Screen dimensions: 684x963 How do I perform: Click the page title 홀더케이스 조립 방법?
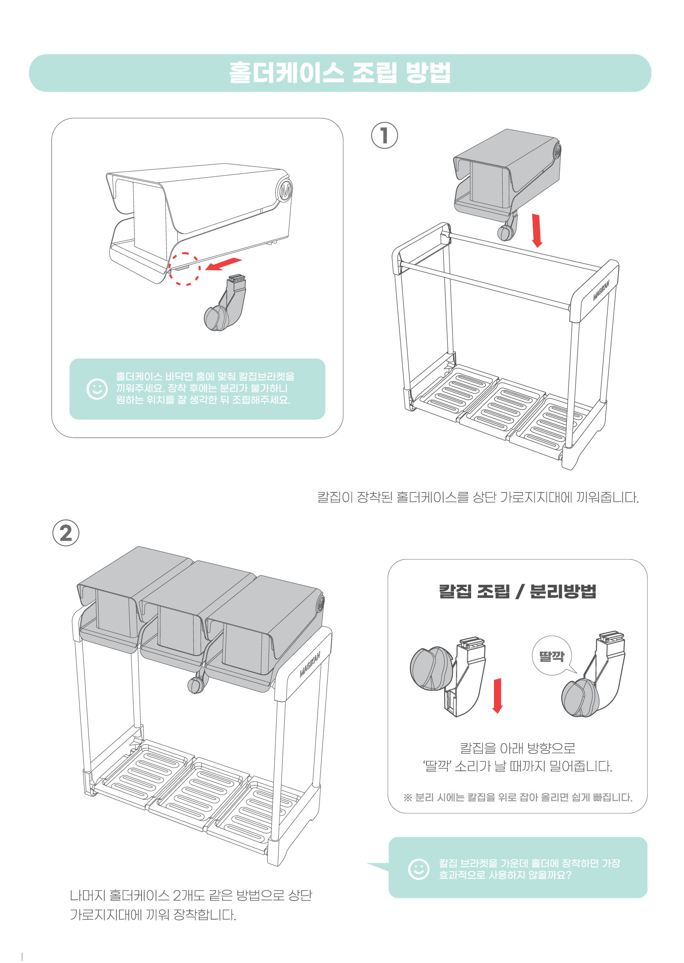pos(339,72)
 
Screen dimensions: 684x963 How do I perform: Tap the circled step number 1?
pos(384,136)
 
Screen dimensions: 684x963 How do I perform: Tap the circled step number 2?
pos(66,533)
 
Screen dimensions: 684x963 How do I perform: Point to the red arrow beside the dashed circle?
pos(223,264)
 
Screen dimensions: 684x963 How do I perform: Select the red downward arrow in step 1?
pos(536,230)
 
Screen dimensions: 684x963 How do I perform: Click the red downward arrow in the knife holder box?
pos(497,695)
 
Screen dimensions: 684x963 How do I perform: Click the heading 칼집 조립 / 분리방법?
pos(518,591)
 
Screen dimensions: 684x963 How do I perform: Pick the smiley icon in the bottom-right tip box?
pos(418,869)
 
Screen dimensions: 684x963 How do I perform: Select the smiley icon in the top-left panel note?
pos(97,389)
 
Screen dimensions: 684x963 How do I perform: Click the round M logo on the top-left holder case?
pos(285,190)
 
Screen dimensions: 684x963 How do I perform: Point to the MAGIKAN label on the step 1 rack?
pos(601,290)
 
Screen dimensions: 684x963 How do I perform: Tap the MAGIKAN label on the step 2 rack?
pos(310,664)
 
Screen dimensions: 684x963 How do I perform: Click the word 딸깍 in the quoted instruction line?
pos(436,766)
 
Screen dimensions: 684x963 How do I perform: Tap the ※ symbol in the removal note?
pos(408,797)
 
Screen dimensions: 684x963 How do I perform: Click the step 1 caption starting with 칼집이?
pos(478,497)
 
